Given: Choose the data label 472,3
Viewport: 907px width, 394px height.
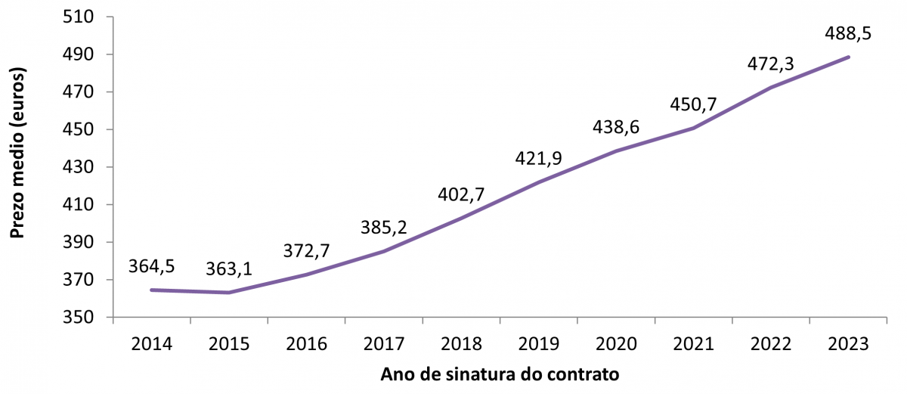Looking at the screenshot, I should point(769,64).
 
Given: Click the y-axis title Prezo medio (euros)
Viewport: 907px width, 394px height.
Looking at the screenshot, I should point(18,154).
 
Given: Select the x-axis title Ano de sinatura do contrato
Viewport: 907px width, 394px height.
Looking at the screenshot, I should point(500,375).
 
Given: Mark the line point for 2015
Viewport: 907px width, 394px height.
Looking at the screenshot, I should point(228,293).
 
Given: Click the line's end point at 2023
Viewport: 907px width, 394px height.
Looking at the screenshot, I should point(849,57).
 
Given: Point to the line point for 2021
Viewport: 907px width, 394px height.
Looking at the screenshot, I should point(694,128).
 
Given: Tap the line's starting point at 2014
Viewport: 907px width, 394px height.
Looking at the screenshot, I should point(151,290).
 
